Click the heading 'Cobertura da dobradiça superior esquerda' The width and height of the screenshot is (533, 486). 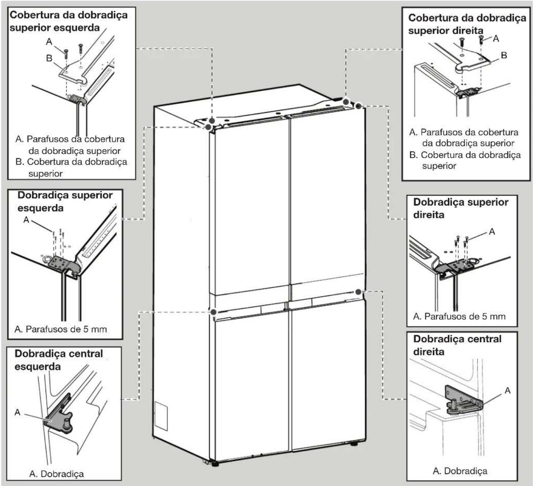(69, 21)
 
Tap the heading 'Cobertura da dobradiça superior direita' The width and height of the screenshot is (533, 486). (467, 24)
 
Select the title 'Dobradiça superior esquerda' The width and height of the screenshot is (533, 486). (65, 202)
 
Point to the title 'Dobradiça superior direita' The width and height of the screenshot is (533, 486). (461, 209)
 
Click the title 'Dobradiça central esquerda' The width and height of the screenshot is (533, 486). (59, 360)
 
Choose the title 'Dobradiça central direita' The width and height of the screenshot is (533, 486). (457, 345)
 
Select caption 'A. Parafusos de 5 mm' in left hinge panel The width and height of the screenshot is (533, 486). (61, 329)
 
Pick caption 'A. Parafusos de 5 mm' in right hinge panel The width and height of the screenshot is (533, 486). (459, 317)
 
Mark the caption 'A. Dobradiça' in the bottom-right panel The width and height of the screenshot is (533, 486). (460, 471)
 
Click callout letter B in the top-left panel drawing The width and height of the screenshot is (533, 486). (49, 58)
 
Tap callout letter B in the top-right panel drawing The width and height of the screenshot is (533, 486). (504, 55)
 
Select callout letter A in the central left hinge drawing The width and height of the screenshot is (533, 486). (17, 412)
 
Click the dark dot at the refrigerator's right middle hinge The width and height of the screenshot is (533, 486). (358, 292)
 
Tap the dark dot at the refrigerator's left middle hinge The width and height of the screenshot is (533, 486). (213, 312)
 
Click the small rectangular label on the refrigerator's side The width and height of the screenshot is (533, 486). (161, 416)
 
